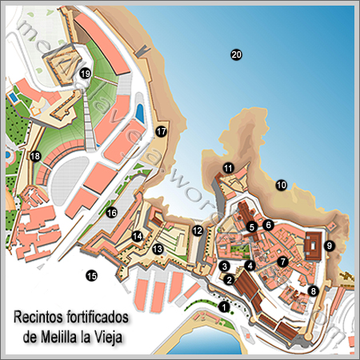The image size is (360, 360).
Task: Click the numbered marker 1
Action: coord(224,305)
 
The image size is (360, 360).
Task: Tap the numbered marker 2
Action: coord(230,279)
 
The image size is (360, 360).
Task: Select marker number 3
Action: coord(225,266)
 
